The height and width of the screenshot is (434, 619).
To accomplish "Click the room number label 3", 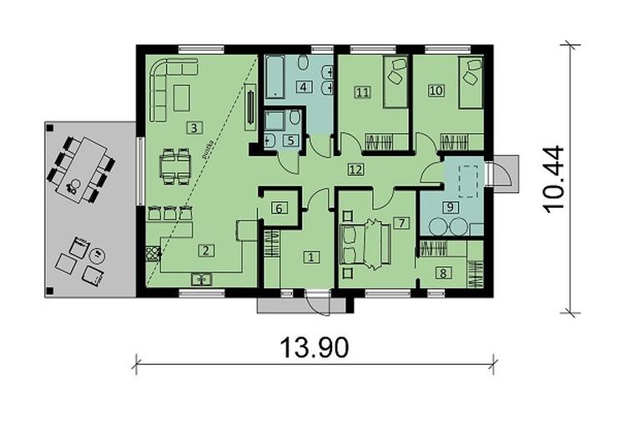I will coord(194,128).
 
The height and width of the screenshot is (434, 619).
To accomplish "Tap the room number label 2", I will coord(204,248).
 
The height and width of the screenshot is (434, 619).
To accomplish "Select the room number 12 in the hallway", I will coord(355,169).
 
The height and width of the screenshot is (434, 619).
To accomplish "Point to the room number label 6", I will coord(280,209).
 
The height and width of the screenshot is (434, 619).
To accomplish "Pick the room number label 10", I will coord(435,91).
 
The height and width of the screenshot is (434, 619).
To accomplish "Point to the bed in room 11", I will coord(395,83).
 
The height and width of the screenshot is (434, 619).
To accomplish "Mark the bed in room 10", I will coord(470,83).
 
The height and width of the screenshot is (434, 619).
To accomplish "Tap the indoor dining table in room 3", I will coord(176,164).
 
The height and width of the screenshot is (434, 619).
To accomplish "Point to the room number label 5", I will coord(289,140).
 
